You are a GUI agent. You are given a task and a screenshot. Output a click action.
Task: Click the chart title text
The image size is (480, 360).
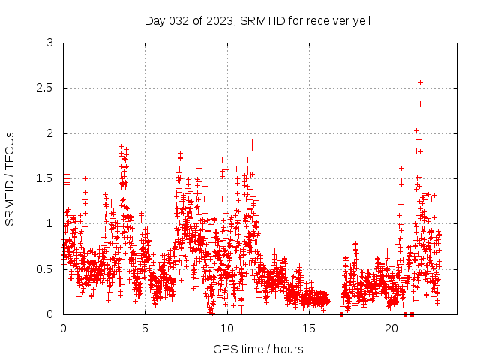coord(257,20)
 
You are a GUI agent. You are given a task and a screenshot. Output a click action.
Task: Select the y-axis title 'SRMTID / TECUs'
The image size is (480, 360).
coord(10,178)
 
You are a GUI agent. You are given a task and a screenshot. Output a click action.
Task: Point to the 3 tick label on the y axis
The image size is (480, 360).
coord(49,43)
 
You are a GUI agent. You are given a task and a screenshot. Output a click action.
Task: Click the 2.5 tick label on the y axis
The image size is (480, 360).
coord(46,88)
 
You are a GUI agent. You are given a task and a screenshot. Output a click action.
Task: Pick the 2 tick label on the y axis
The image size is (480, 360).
coord(49,133)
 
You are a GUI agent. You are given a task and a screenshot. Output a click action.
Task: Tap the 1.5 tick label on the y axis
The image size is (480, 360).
coord(46,178)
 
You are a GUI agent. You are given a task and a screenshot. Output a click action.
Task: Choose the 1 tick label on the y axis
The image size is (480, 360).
coord(49,223)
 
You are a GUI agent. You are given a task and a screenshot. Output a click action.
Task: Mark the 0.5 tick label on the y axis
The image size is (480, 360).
coord(46,268)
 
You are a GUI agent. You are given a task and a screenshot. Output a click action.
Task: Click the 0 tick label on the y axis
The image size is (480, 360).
coord(49,313)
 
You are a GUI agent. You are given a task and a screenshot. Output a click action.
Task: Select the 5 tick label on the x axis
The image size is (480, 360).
coord(145,328)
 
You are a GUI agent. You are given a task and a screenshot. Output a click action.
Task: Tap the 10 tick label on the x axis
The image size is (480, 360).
coord(227,328)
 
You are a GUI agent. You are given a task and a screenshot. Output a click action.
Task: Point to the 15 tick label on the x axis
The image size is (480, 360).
coord(309,328)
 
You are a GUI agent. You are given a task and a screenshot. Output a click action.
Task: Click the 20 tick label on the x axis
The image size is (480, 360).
coord(391,328)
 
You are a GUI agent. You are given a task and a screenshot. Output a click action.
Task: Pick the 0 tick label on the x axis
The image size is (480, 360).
coord(63,328)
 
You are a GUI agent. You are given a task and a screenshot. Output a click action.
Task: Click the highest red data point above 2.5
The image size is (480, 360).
coord(420,82)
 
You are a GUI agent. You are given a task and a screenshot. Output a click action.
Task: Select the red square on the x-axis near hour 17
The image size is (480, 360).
coord(342,314)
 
